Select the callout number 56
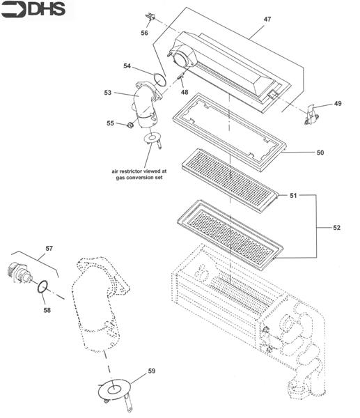tap(144, 32)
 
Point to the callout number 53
tap(108, 91)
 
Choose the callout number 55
tap(109, 123)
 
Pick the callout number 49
tap(338, 104)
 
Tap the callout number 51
tap(294, 196)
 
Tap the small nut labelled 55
tap(130, 125)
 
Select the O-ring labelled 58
tap(43, 286)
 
